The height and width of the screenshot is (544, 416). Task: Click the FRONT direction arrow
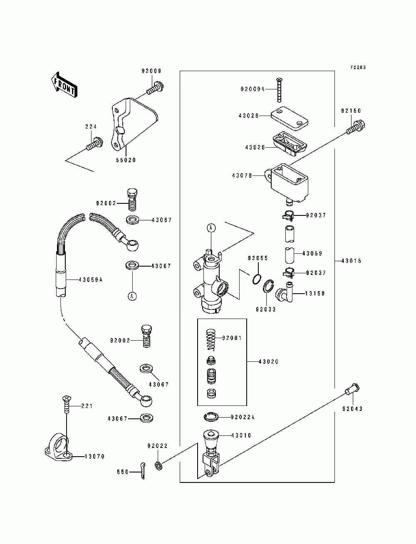pyautogui.click(x=64, y=85)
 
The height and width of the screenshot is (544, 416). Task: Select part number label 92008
pyautogui.click(x=151, y=71)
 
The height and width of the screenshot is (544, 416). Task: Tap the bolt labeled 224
pyautogui.click(x=95, y=144)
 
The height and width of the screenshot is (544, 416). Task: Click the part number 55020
pyautogui.click(x=126, y=160)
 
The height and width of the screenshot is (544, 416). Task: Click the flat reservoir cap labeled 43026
pyautogui.click(x=289, y=118)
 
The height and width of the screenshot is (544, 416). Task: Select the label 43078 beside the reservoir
pyautogui.click(x=242, y=176)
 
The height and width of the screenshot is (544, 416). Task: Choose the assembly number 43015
pyautogui.click(x=351, y=261)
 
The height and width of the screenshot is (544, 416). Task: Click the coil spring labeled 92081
pyautogui.click(x=211, y=339)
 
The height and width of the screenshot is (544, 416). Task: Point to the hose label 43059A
pyautogui.click(x=91, y=280)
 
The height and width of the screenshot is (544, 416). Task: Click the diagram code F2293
pyautogui.click(x=358, y=67)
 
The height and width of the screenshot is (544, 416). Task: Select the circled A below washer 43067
pyautogui.click(x=133, y=296)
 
